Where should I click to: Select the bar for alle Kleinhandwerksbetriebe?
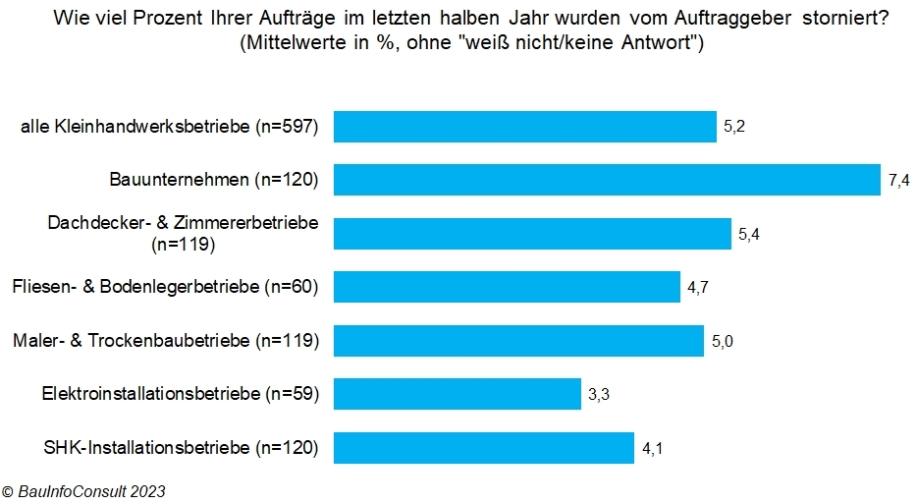(x=525, y=127)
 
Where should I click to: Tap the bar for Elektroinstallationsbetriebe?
(x=458, y=394)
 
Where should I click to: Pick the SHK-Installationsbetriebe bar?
(x=484, y=448)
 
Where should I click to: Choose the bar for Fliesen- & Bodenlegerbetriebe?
(x=507, y=287)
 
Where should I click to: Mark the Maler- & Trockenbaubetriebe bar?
(x=519, y=341)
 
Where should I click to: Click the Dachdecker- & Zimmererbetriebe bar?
(x=532, y=234)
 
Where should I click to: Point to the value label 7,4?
(x=898, y=181)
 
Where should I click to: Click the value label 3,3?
(x=599, y=395)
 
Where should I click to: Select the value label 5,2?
(x=735, y=127)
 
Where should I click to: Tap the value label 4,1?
(x=653, y=449)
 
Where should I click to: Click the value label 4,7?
(x=698, y=288)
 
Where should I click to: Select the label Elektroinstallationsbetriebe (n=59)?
(x=181, y=394)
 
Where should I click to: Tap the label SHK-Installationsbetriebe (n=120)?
(x=182, y=448)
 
